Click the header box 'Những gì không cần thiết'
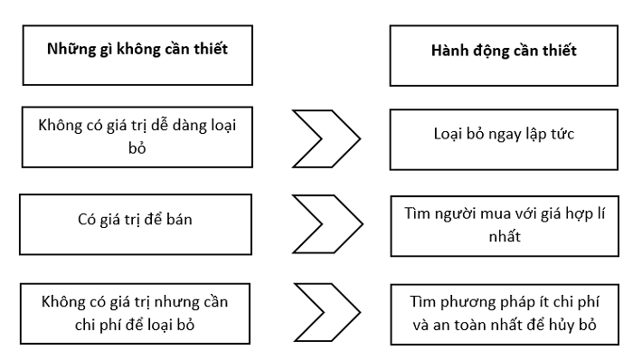[x=137, y=50]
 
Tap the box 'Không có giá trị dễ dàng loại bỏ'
[x=137, y=137]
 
